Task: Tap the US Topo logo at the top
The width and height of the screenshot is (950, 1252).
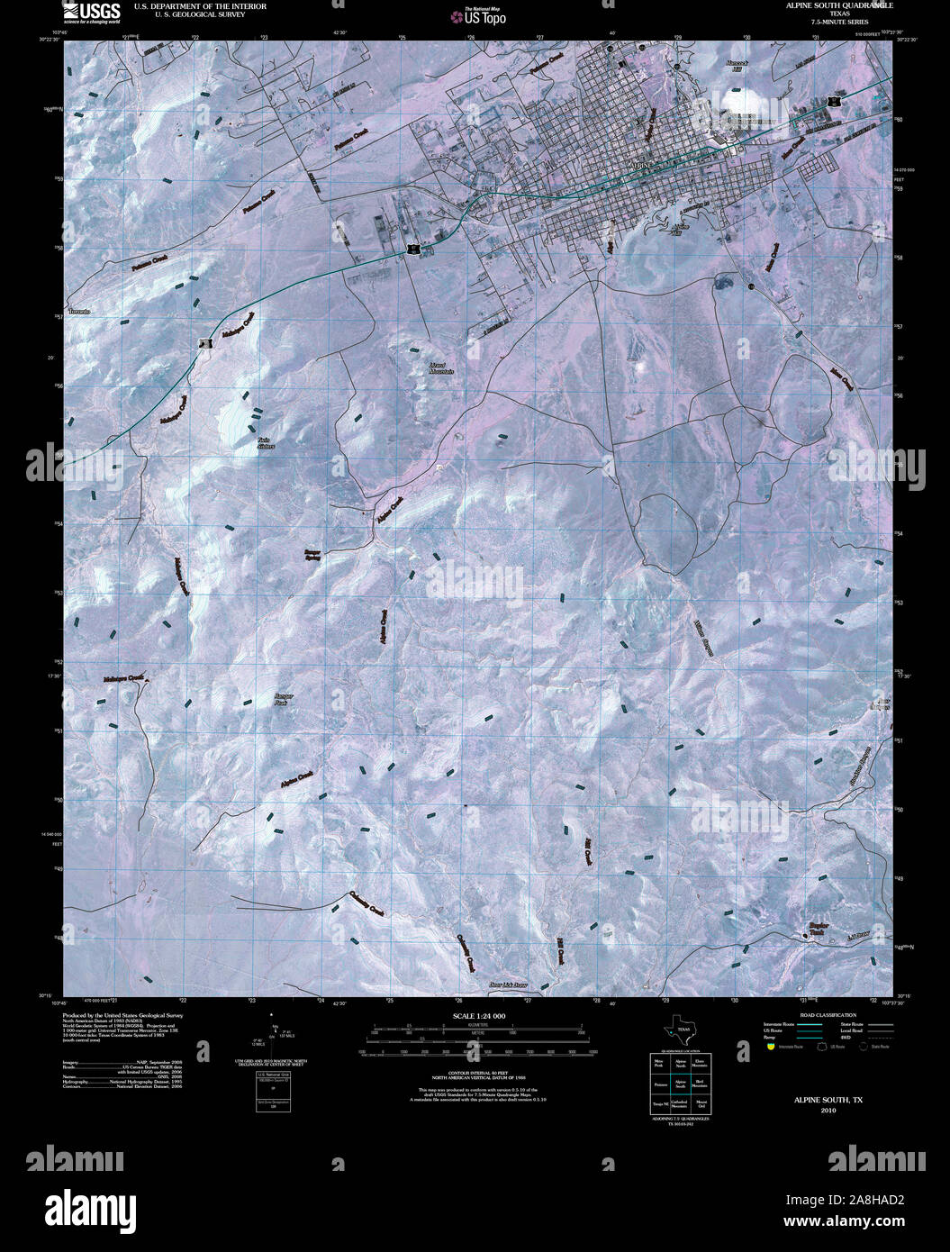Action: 484,15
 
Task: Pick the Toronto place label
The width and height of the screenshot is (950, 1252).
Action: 79,311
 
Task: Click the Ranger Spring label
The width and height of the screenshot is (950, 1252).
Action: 312,554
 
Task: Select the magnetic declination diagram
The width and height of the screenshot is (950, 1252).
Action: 272,1040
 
